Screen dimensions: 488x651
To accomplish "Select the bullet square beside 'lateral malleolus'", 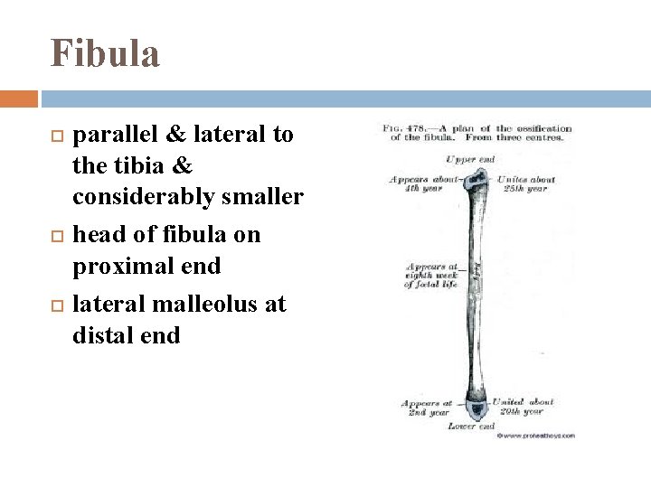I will [58, 305].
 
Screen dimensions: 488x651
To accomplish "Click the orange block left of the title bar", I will [18, 98].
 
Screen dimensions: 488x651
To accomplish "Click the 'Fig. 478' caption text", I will [476, 133].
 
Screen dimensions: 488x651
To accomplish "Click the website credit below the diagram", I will [535, 435].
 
